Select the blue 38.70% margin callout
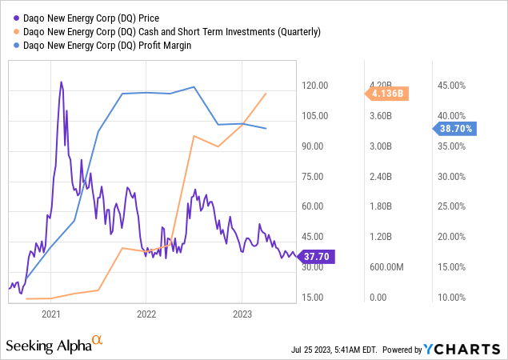tap(457, 128)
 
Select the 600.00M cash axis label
tap(388, 267)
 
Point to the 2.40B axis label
tap(382, 177)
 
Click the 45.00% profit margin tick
tap(449, 86)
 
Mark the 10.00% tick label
tap(449, 298)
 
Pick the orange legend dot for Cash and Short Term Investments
tap(11, 31)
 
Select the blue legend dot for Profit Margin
tap(11, 46)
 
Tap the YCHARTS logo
tap(470, 350)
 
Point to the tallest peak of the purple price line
tap(62, 82)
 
